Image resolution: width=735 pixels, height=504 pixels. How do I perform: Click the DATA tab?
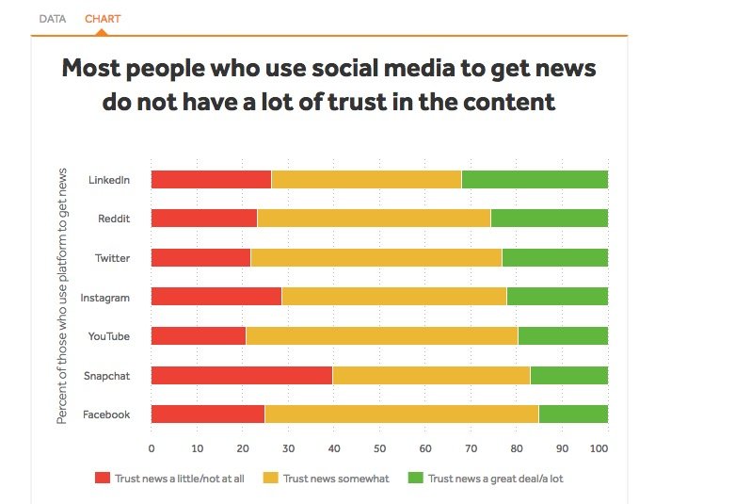(x=52, y=19)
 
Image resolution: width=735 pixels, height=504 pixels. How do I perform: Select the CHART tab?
(x=103, y=19)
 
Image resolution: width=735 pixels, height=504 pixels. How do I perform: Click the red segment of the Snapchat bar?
(x=242, y=376)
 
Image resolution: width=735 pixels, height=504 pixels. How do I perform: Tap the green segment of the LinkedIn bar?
(x=535, y=179)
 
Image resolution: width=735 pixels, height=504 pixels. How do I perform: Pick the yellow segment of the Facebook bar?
(x=402, y=415)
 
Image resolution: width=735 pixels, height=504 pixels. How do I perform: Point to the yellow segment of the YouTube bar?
(x=381, y=336)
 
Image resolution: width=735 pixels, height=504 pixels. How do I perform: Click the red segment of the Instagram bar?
(x=216, y=297)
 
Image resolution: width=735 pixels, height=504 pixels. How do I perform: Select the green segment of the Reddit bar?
(x=550, y=219)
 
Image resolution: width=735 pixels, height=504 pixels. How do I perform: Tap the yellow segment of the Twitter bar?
(x=376, y=258)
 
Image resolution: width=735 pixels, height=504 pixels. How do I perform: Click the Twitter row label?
(x=112, y=258)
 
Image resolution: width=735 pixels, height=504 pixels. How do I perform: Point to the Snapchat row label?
(x=106, y=376)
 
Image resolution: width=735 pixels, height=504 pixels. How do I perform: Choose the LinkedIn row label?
(x=108, y=179)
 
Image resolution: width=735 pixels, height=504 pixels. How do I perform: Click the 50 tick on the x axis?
(x=379, y=448)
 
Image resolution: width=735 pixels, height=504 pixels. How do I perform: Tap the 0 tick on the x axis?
(x=152, y=448)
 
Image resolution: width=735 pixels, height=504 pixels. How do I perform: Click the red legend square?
(x=103, y=479)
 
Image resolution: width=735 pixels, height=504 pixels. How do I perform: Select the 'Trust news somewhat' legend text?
(x=336, y=479)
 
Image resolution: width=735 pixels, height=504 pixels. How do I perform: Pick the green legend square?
(x=415, y=479)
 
